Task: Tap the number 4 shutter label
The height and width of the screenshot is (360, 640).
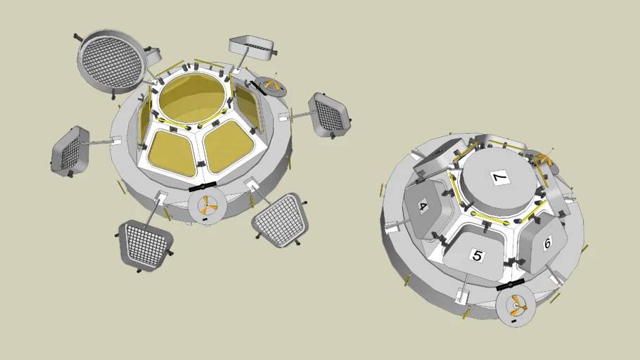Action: (x=423, y=207)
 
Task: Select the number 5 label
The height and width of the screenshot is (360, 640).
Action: (x=478, y=255)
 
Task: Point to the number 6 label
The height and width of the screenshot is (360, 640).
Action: (x=546, y=242)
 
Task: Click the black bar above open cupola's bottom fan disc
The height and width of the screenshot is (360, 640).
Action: (x=203, y=187)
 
